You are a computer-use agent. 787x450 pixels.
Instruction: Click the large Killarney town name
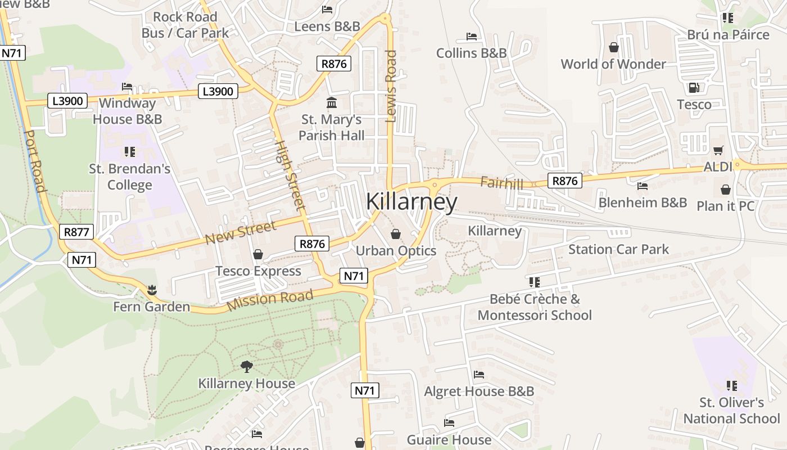pos(411,202)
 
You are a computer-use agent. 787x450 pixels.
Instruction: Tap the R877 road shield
pos(76,232)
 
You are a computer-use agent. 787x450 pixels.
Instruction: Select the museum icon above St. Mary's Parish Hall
pos(332,103)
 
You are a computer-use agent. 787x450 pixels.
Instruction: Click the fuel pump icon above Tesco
pos(694,88)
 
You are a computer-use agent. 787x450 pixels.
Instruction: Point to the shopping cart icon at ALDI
pos(718,150)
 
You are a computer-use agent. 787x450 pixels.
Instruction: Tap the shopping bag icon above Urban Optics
pos(396,233)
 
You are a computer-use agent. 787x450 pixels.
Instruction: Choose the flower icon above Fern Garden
pos(151,290)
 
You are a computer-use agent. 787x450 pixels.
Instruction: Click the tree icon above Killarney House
pos(246,367)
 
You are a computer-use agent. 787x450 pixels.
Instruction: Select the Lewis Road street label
pos(391,86)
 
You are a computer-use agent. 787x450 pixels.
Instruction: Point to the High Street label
pos(290,175)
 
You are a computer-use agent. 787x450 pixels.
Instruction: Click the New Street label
pos(241,232)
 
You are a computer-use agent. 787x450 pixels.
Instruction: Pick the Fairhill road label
pos(501,183)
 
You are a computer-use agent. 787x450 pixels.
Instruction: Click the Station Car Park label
pos(618,249)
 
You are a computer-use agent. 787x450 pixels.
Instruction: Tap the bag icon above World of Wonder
pos(613,47)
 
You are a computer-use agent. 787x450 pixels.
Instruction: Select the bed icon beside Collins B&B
pos(472,37)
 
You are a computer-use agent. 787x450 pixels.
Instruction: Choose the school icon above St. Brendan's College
pos(130,151)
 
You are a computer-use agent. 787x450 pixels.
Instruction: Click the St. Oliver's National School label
pos(731,410)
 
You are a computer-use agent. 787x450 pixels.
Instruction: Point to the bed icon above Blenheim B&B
pos(643,186)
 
